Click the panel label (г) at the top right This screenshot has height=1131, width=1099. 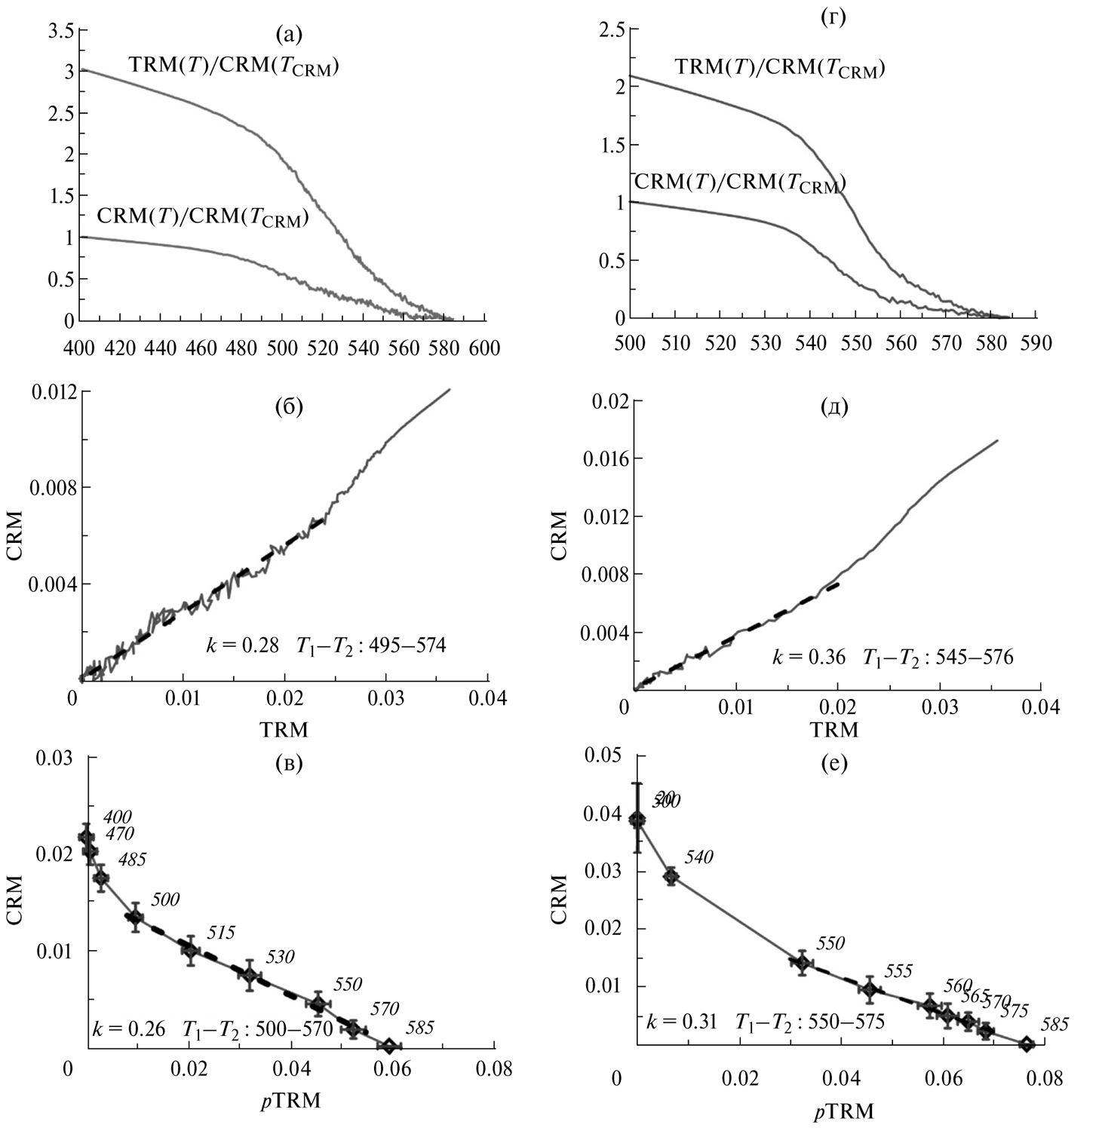click(833, 17)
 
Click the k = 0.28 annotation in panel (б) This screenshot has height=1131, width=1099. click(243, 645)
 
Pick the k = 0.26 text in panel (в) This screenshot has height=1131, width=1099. click(128, 1028)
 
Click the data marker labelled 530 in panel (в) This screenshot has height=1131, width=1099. click(250, 975)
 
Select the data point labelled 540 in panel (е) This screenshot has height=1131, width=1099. click(671, 876)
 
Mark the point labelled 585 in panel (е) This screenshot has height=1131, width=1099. click(1026, 1044)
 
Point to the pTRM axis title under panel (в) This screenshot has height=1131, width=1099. click(290, 1101)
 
